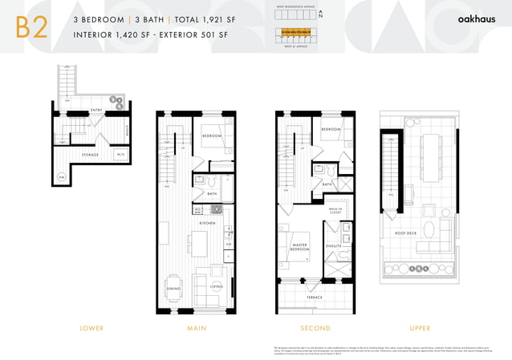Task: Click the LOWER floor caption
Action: point(91,328)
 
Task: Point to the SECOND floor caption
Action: point(315,328)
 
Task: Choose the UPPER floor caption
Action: point(419,328)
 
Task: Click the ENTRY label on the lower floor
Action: point(95,110)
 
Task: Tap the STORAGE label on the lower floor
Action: point(90,155)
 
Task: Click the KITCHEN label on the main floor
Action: point(207,222)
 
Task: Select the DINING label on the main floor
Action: point(173,288)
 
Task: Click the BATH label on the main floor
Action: point(212,193)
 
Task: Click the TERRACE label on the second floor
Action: point(314,297)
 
